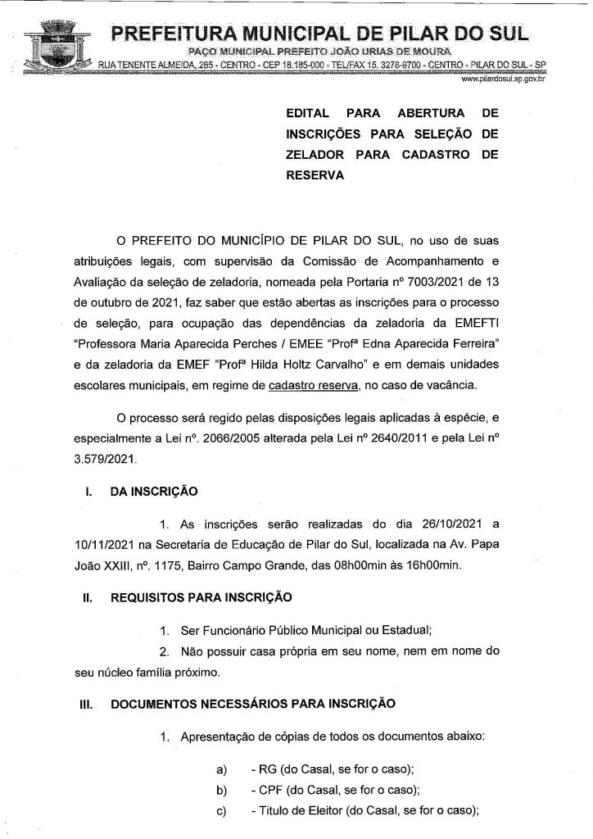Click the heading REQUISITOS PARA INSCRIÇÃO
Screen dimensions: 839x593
(201, 598)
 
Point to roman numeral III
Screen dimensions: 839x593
(84, 703)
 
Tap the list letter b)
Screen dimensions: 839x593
(220, 790)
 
